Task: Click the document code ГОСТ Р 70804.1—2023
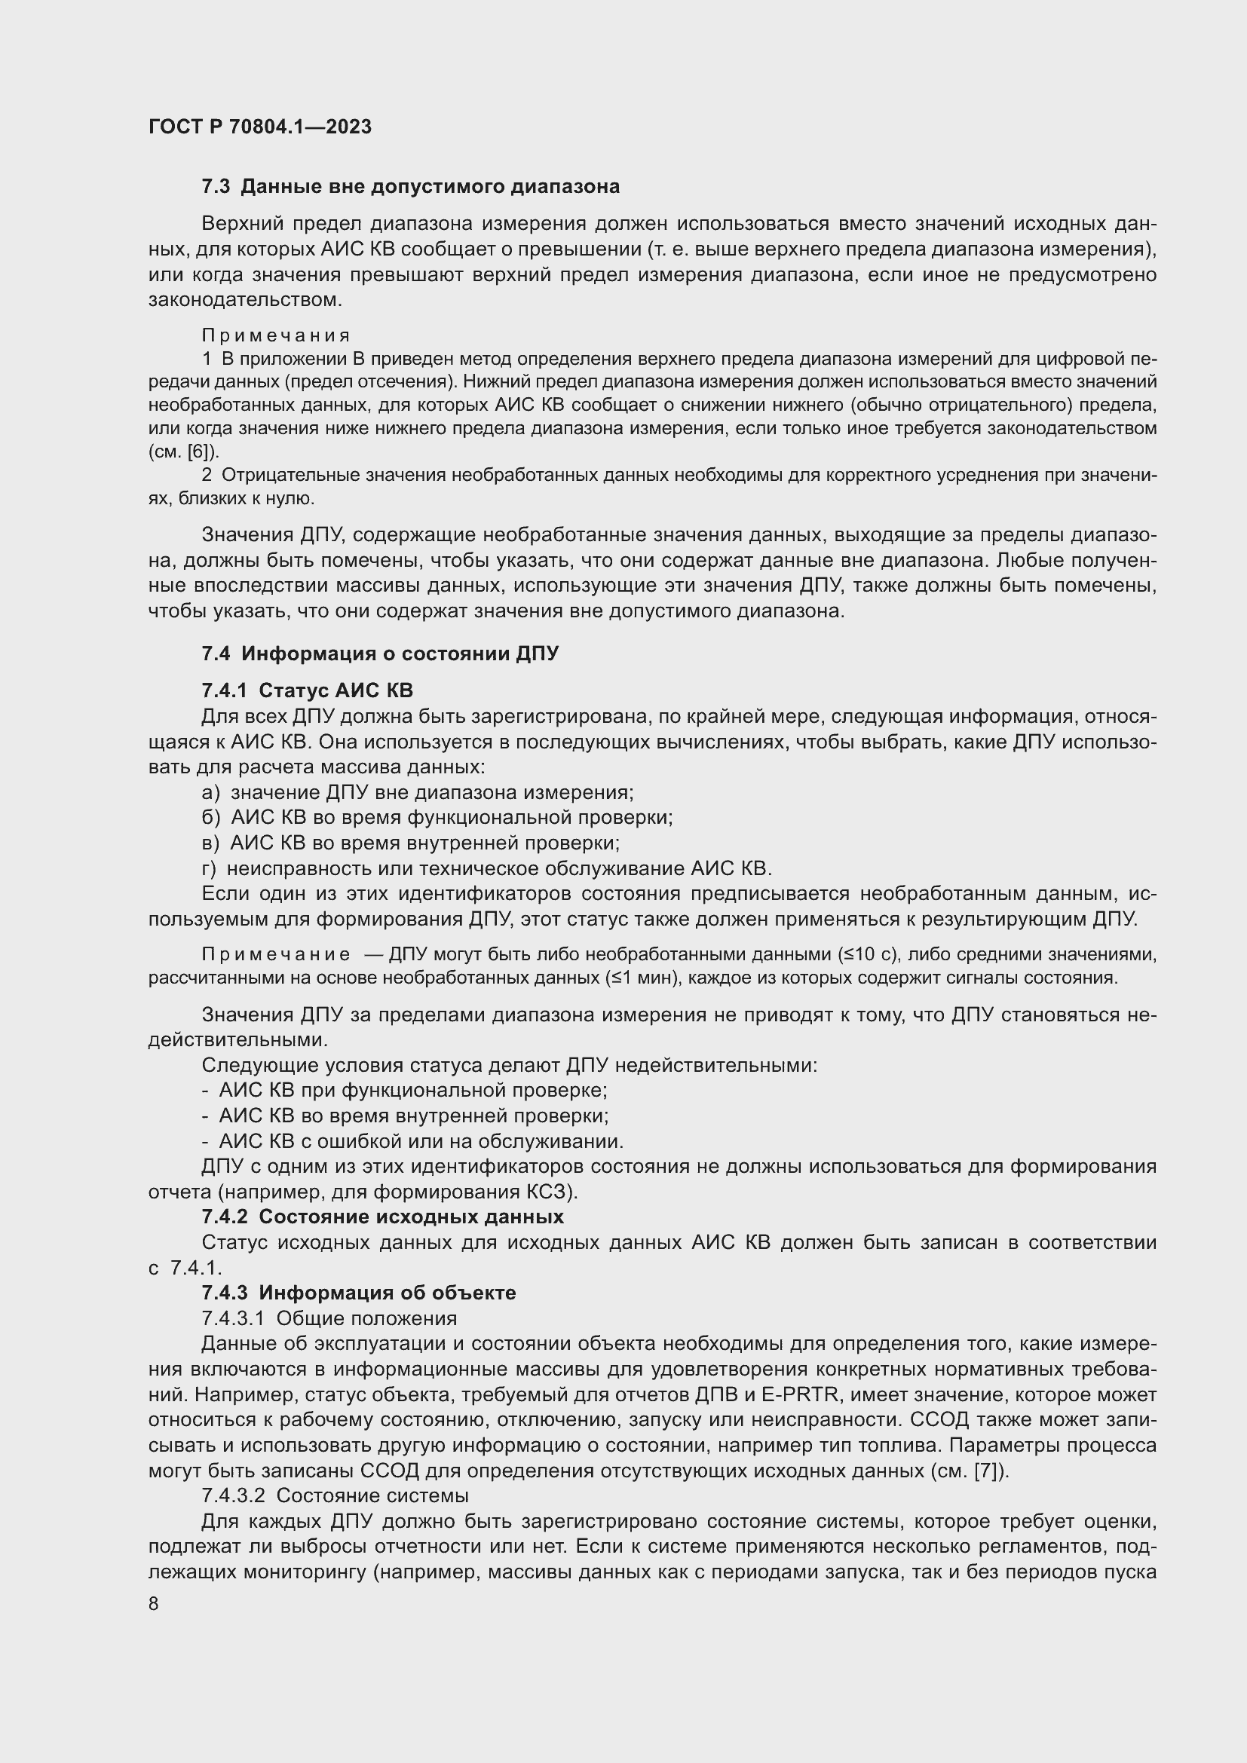(x=259, y=127)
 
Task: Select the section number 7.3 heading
(x=216, y=187)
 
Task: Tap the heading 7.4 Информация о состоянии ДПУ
(x=380, y=653)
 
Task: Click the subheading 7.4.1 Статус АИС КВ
(x=307, y=690)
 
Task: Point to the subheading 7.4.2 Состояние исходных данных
(x=382, y=1217)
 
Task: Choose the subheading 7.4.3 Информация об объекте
(x=359, y=1293)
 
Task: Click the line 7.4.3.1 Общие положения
(x=329, y=1318)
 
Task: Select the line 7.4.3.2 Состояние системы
(x=335, y=1495)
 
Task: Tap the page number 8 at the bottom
(x=154, y=1604)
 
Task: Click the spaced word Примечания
(x=276, y=335)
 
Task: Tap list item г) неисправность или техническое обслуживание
(x=486, y=868)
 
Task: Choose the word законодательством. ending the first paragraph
(x=245, y=299)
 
